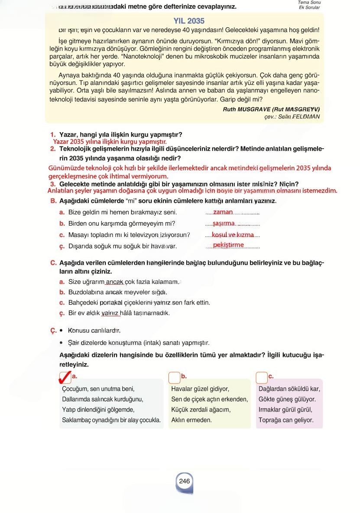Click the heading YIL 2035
(189, 21)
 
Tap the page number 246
(184, 481)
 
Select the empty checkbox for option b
(174, 378)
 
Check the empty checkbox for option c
(262, 378)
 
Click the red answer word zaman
(223, 212)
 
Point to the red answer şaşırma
(224, 223)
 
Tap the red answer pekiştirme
(229, 245)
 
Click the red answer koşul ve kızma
(233, 234)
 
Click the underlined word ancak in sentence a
(115, 282)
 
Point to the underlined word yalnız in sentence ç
(110, 313)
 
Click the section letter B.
(53, 201)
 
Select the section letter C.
(53, 263)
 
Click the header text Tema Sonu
(309, 3)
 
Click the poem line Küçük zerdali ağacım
(201, 409)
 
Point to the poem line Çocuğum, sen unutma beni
(98, 389)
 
